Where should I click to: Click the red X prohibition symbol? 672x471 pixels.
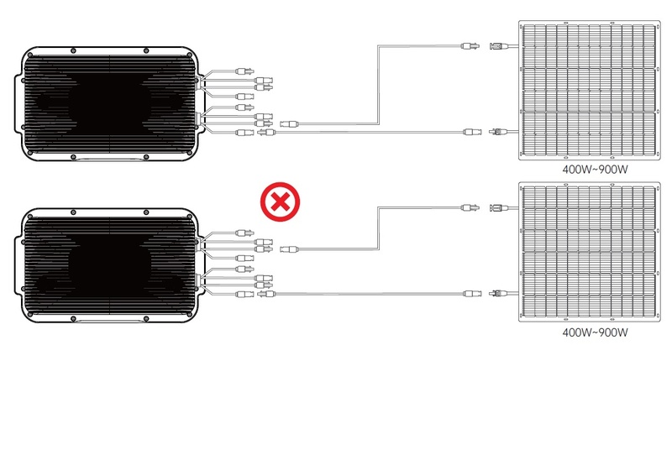tap(281, 201)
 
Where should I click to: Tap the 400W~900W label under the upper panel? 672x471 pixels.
tap(595, 170)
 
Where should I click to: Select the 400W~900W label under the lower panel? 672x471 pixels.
tap(595, 332)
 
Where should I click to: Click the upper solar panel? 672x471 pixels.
tap(590, 91)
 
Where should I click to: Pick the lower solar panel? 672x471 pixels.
tap(590, 252)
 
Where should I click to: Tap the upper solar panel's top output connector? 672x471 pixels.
tap(498, 45)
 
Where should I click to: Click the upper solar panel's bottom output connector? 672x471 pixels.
tap(498, 132)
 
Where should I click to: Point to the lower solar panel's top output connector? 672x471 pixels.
tap(498, 208)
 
